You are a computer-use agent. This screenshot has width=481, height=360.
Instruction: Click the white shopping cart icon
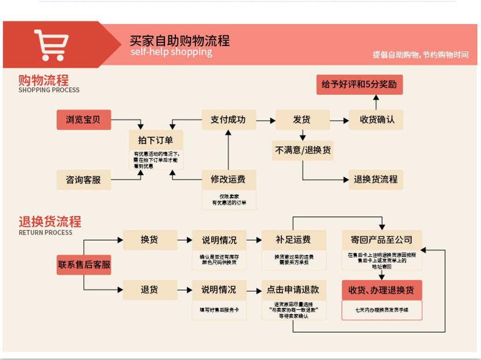(x=51, y=45)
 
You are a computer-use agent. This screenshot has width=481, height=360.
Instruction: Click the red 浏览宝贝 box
(x=83, y=120)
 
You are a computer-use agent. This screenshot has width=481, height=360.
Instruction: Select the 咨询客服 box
(x=83, y=180)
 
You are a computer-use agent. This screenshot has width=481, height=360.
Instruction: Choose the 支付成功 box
(x=228, y=120)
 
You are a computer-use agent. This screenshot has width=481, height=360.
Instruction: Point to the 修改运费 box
(x=228, y=180)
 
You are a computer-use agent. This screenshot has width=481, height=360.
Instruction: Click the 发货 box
(x=302, y=120)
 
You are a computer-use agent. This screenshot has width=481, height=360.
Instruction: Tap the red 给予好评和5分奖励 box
(x=359, y=85)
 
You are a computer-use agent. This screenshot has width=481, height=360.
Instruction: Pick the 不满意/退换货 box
(x=303, y=150)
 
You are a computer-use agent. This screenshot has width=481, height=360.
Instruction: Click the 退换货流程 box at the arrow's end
(x=375, y=180)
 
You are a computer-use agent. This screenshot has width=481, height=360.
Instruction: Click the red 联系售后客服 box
(x=84, y=265)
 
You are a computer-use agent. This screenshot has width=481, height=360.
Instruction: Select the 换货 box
(x=149, y=240)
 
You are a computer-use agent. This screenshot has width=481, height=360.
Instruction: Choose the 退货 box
(x=149, y=290)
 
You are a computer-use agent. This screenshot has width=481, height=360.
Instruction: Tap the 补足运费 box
(x=293, y=240)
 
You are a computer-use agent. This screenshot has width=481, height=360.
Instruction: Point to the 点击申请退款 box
(x=293, y=290)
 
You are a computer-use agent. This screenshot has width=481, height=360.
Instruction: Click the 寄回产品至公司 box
(x=381, y=240)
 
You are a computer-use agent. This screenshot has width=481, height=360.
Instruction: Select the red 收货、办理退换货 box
(x=381, y=290)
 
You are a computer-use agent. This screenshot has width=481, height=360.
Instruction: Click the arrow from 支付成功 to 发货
(x=266, y=120)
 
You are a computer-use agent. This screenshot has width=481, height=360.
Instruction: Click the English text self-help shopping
(x=171, y=52)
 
